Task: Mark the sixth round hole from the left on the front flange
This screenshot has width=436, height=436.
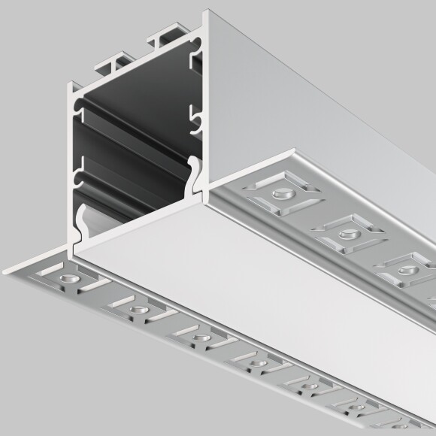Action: [x=354, y=410]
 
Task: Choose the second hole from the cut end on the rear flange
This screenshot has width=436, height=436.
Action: [x=347, y=233]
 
